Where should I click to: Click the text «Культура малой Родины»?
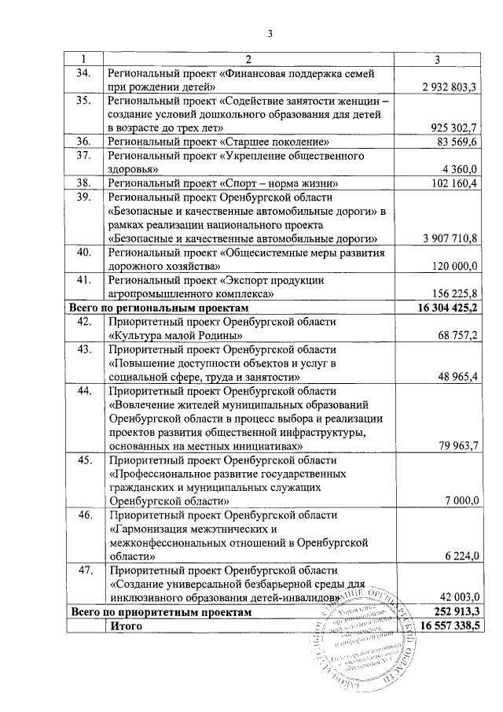[174, 336]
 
